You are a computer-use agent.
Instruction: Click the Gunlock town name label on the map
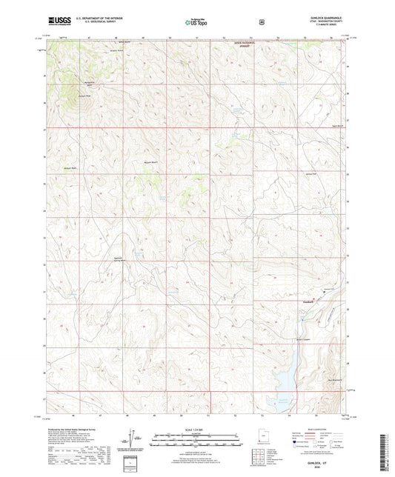pyautogui.click(x=310, y=301)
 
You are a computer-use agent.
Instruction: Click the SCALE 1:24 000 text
pyautogui.click(x=197, y=430)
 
